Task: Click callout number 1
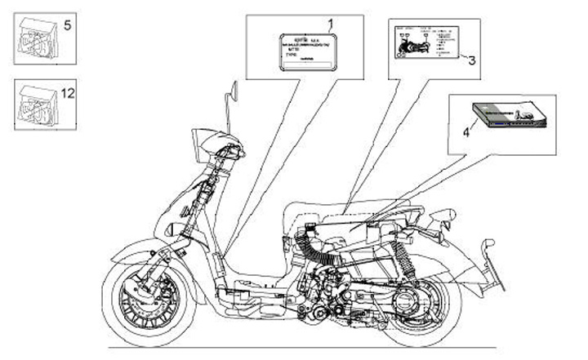tap(331, 24)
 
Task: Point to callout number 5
tap(67, 25)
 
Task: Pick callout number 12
tap(68, 93)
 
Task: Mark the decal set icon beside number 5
tap(38, 38)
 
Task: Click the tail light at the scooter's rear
tap(445, 217)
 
